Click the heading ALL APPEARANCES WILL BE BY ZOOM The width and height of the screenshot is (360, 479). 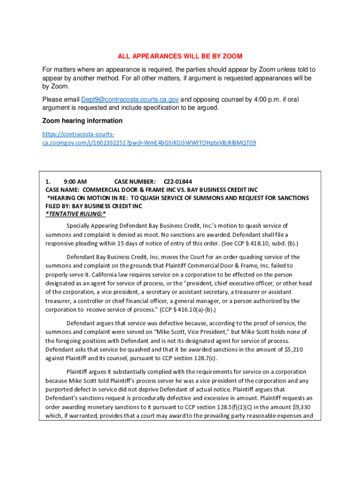180,57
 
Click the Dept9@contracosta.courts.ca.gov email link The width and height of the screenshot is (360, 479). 130,100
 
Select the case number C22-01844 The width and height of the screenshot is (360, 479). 178,181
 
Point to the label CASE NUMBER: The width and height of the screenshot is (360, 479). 135,181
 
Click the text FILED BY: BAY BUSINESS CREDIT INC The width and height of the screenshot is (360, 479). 94,206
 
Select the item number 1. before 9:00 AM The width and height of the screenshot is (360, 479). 48,181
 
